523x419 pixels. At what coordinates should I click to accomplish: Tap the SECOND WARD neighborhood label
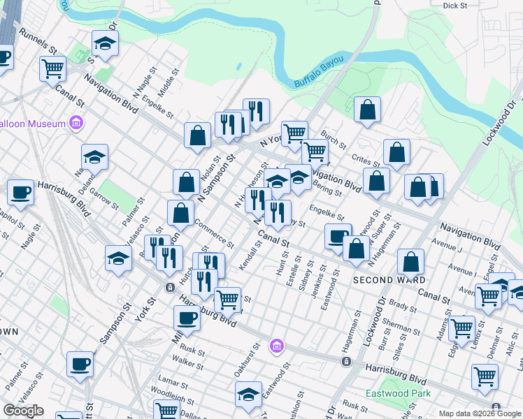[x=389, y=279]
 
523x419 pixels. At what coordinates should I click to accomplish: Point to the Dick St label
[x=454, y=6]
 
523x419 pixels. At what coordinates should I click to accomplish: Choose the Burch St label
[x=334, y=138]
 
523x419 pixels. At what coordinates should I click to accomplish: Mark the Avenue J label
[x=447, y=247]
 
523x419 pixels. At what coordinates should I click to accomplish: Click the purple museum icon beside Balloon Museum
[x=76, y=124]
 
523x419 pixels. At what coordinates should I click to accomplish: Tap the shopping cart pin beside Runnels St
[x=52, y=69]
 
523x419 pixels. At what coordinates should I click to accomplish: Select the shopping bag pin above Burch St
[x=367, y=109]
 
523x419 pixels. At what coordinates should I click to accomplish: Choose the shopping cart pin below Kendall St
[x=227, y=300]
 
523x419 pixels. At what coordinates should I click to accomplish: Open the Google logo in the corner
[x=23, y=411]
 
